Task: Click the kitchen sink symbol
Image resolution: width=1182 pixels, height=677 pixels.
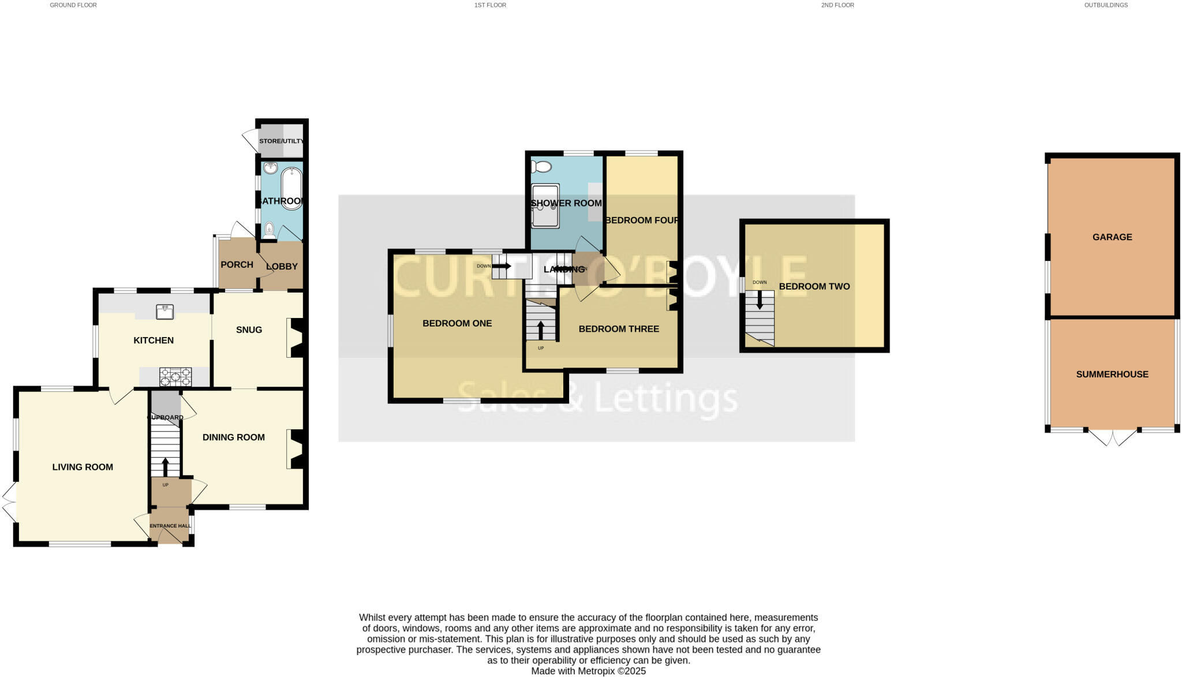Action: pos(165,312)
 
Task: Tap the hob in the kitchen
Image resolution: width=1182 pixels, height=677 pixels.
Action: pos(175,377)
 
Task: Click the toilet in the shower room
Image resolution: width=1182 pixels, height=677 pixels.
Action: pos(541,167)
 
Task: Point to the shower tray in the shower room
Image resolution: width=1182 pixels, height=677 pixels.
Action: pos(545,206)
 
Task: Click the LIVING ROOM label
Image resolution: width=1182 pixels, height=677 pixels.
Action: pos(83,467)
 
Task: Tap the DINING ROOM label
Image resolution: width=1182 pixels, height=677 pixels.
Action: pos(234,437)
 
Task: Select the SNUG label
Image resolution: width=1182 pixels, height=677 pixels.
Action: pos(249,330)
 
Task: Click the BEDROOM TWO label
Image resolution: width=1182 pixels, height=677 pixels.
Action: pos(814,286)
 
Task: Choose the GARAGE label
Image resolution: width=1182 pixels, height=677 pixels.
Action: pos(1112,237)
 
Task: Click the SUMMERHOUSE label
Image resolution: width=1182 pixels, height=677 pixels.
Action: pos(1112,374)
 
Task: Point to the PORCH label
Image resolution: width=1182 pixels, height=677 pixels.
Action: pos(237,264)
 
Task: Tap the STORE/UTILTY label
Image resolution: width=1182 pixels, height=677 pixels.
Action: pos(281,141)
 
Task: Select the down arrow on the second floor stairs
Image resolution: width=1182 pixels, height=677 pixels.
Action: pos(760,300)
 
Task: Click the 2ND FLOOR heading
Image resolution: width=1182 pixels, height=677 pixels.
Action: pos(837,5)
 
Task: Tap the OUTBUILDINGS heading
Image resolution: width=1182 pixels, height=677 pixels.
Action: pos(1106,5)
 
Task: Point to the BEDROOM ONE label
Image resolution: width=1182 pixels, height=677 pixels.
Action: pos(457,323)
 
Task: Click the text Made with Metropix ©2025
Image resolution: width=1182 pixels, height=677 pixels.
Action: pos(588,671)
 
